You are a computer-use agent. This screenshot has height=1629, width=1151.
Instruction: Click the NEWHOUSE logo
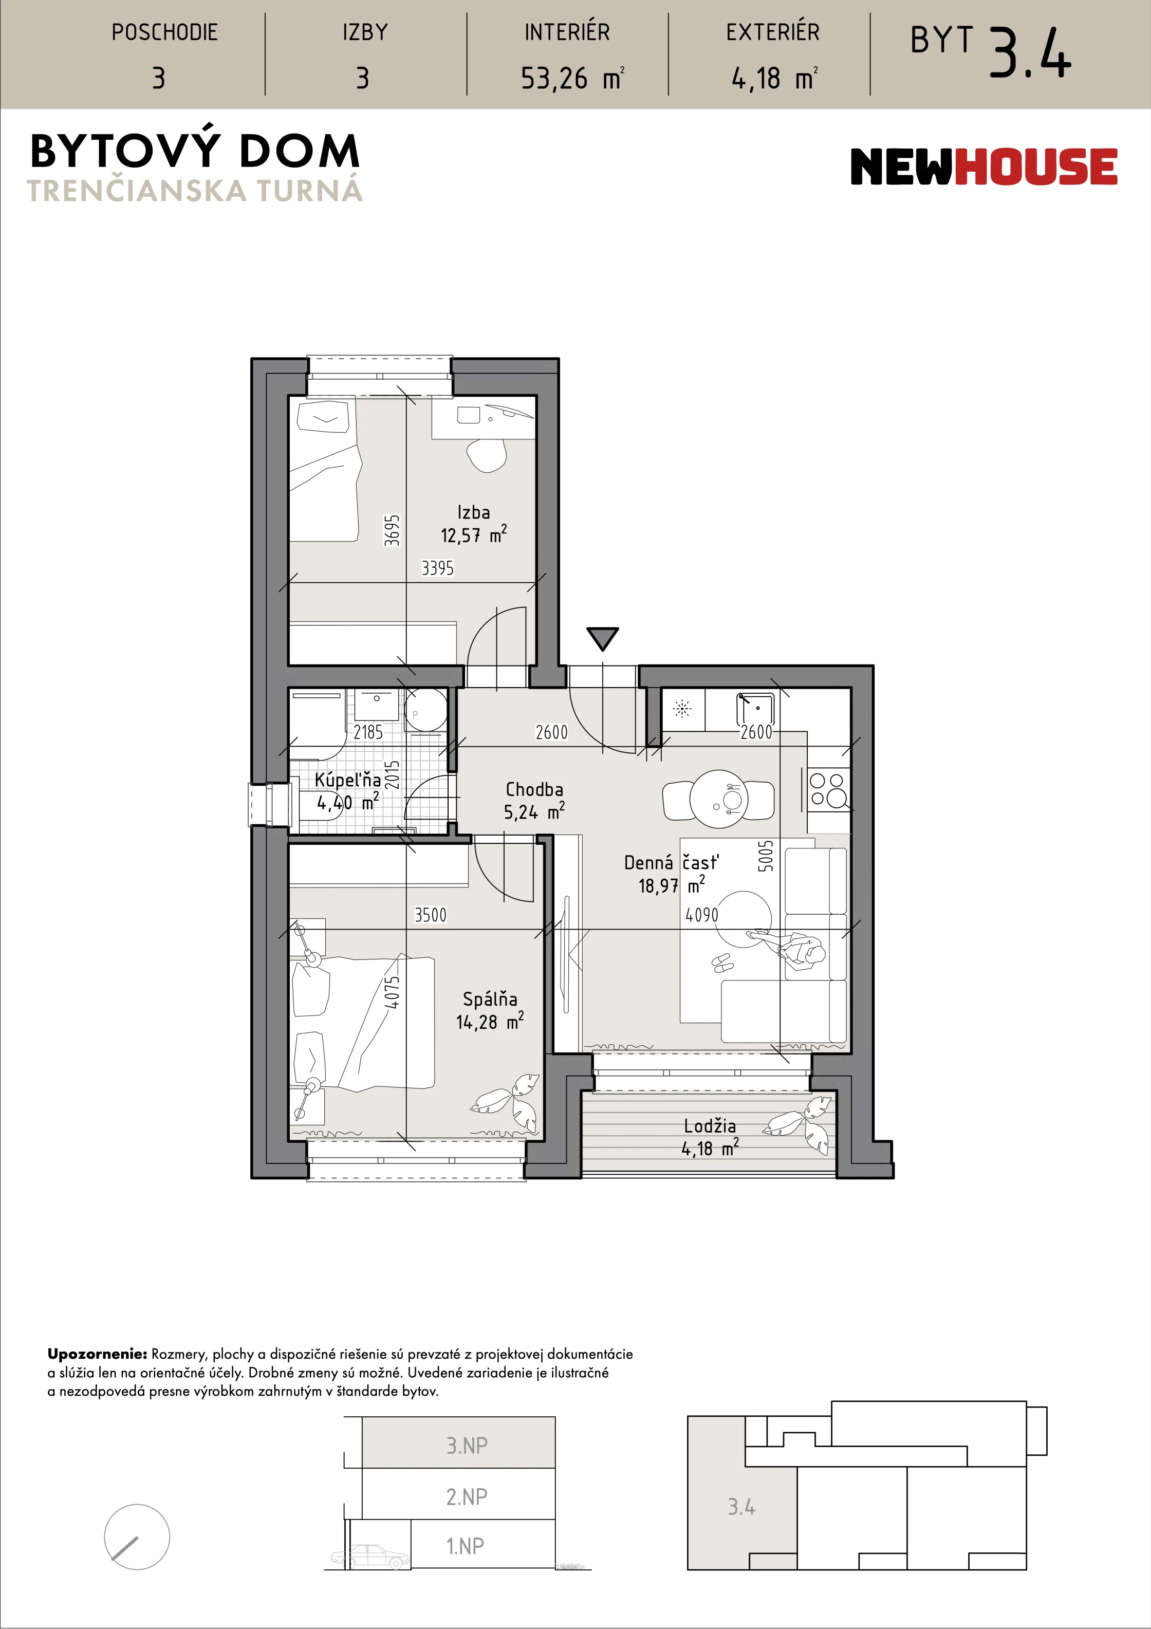983,166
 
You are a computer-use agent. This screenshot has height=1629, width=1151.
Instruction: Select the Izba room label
473,512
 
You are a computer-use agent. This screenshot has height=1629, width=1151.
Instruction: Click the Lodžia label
710,1125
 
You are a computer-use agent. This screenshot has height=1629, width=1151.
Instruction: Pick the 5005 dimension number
766,856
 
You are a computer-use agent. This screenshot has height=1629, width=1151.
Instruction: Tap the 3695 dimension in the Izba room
392,530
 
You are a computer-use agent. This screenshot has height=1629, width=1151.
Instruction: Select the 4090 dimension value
702,915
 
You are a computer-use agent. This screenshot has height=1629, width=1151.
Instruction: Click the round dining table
718,800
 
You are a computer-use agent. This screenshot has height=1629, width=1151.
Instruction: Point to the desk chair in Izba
487,455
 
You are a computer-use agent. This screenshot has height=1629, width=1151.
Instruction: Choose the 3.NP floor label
467,1445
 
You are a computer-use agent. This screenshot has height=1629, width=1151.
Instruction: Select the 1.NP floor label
466,1546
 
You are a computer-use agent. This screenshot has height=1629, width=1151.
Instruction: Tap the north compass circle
137,1538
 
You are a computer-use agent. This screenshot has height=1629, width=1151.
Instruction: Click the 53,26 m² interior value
572,78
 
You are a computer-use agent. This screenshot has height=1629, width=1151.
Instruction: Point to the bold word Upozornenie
97,1354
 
